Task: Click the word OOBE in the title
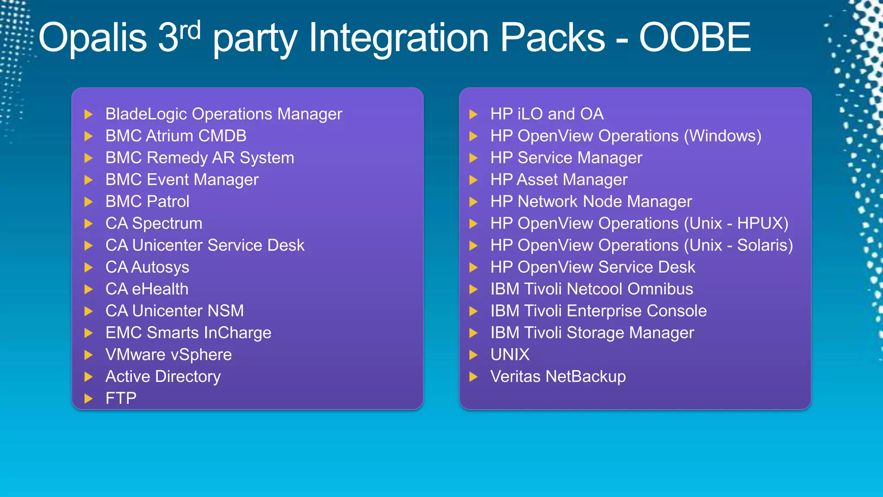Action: [x=695, y=38]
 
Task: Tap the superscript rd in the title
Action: [x=190, y=30]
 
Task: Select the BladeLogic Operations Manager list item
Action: [x=223, y=114]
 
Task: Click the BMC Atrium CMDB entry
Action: [x=176, y=136]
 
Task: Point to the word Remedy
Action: [x=177, y=158]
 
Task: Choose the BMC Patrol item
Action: [x=147, y=201]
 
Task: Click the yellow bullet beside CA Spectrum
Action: [x=88, y=223]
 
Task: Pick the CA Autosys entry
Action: [x=147, y=267]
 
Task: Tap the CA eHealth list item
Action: [x=147, y=289]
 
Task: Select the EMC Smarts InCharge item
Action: [x=188, y=333]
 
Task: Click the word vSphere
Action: [x=201, y=355]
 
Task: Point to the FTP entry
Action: [x=121, y=398]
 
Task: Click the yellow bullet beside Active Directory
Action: [x=88, y=377]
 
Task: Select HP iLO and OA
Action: [x=547, y=114]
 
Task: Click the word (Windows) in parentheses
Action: [x=723, y=136]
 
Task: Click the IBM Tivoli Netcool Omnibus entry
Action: [x=592, y=289]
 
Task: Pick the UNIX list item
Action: [x=510, y=355]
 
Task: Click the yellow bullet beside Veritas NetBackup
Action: [x=473, y=377]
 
